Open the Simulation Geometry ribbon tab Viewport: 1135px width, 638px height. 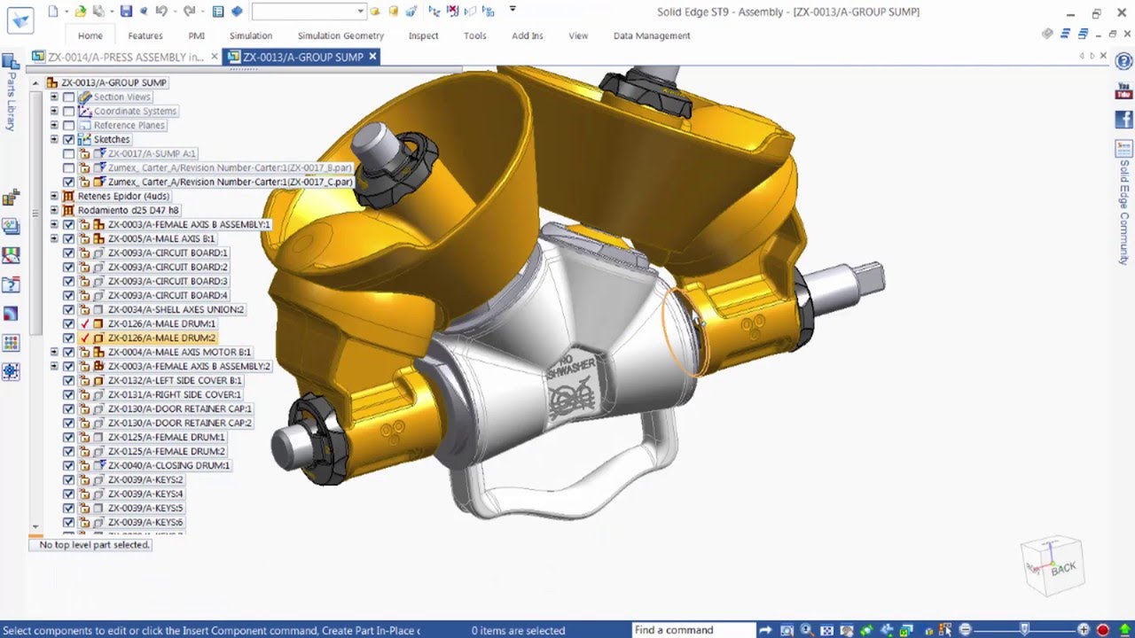[340, 35]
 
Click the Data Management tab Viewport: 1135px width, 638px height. [651, 35]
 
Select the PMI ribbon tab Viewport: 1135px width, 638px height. [196, 35]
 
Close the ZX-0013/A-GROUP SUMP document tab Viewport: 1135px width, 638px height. [372, 57]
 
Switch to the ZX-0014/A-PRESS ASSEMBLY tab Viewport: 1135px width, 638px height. [124, 57]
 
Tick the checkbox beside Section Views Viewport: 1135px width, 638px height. [68, 97]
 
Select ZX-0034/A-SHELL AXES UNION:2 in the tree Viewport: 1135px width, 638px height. [175, 309]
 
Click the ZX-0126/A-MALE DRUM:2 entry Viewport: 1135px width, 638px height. [160, 338]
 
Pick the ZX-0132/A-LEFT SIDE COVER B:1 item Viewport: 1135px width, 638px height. [174, 380]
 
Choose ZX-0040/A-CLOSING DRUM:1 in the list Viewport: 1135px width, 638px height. [168, 465]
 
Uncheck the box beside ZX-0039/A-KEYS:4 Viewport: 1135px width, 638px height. [68, 494]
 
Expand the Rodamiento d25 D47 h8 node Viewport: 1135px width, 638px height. [54, 210]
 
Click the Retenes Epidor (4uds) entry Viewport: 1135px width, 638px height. [122, 196]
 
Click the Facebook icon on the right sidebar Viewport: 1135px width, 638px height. [1124, 120]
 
